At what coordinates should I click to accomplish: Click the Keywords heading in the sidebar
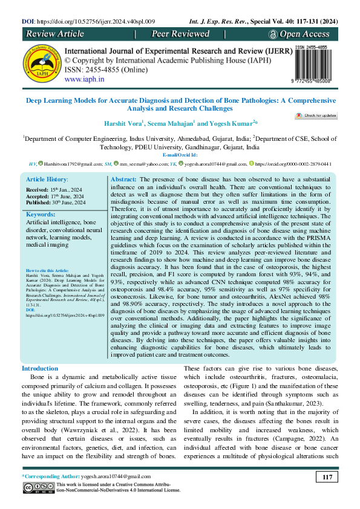[x=42, y=214]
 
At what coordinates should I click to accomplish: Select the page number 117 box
[x=328, y=478]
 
